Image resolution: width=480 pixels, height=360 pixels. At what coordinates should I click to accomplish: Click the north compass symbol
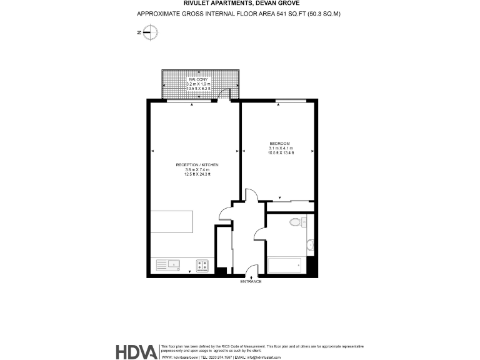(149, 32)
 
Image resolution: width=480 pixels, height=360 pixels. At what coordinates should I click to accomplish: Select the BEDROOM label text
(279, 143)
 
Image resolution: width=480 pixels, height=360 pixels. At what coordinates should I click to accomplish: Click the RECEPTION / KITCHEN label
(197, 164)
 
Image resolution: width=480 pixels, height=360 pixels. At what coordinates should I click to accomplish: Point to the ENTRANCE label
(251, 282)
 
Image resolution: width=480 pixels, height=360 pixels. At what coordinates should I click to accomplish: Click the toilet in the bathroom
(296, 222)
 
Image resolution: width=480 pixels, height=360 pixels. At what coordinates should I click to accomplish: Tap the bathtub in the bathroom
(284, 265)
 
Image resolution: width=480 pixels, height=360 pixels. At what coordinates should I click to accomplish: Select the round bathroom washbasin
(311, 244)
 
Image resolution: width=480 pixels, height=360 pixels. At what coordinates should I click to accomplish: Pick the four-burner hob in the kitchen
(202, 265)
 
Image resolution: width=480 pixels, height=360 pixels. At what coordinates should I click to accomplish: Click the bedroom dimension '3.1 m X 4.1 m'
(281, 148)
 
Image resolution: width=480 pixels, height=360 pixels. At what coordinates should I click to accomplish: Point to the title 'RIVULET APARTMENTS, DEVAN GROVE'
(240, 4)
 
